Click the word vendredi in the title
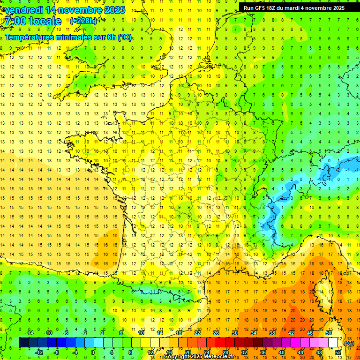[x=24, y=9]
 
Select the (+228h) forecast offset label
[x=83, y=21]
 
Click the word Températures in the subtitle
[x=31, y=37]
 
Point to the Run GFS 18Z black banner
[x=294, y=7]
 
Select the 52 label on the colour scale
[x=338, y=352]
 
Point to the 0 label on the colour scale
[x=93, y=352]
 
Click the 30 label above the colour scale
[x=234, y=333]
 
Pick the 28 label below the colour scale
[x=225, y=352]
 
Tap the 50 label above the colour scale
[x=328, y=333]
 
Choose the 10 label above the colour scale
[x=141, y=333]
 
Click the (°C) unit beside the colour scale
[x=349, y=343]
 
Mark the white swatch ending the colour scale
[x=333, y=343]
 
